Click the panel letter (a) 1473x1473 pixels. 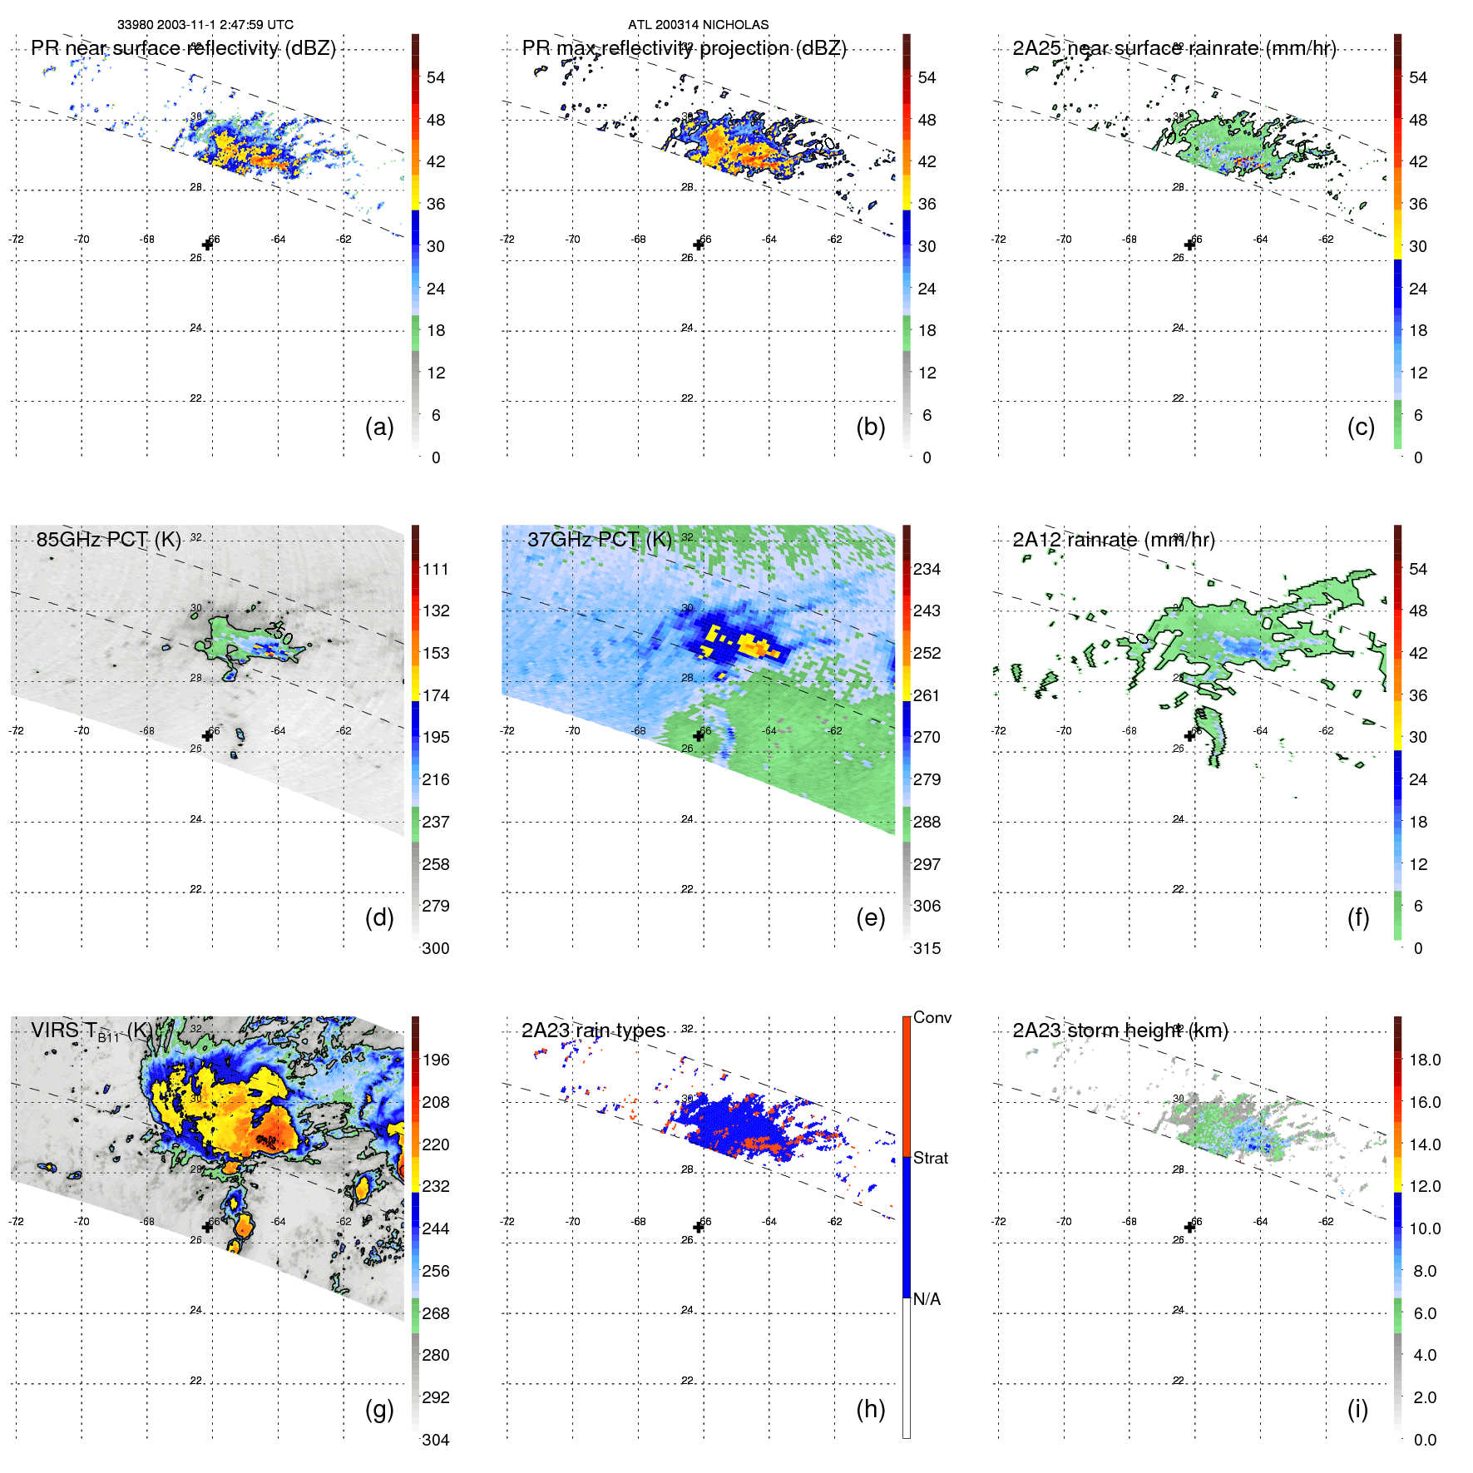coord(379,427)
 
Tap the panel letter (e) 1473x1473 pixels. coord(870,917)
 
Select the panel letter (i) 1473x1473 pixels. coord(1357,1409)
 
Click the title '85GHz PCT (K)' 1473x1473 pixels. coord(108,539)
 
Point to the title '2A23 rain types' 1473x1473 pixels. coord(593,1031)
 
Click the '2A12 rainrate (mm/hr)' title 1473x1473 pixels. coord(1113,539)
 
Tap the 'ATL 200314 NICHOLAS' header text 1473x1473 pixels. coord(698,25)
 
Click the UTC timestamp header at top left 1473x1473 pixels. coord(205,25)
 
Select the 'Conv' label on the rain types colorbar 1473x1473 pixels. coord(932,1017)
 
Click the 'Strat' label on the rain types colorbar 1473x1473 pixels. coord(930,1158)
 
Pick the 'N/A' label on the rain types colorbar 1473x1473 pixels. coord(927,1299)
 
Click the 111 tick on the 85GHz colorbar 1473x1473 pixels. coord(436,569)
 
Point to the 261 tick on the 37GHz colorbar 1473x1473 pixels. coord(927,695)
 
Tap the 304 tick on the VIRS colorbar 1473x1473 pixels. coord(436,1440)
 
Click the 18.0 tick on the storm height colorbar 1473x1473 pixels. coord(1424,1060)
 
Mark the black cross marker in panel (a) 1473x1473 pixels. coord(207,245)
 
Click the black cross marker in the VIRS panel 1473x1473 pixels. coord(207,1228)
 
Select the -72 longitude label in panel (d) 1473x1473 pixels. coord(16,730)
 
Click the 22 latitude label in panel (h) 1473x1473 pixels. coord(687,1381)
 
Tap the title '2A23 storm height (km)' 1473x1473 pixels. coord(1120,1031)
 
